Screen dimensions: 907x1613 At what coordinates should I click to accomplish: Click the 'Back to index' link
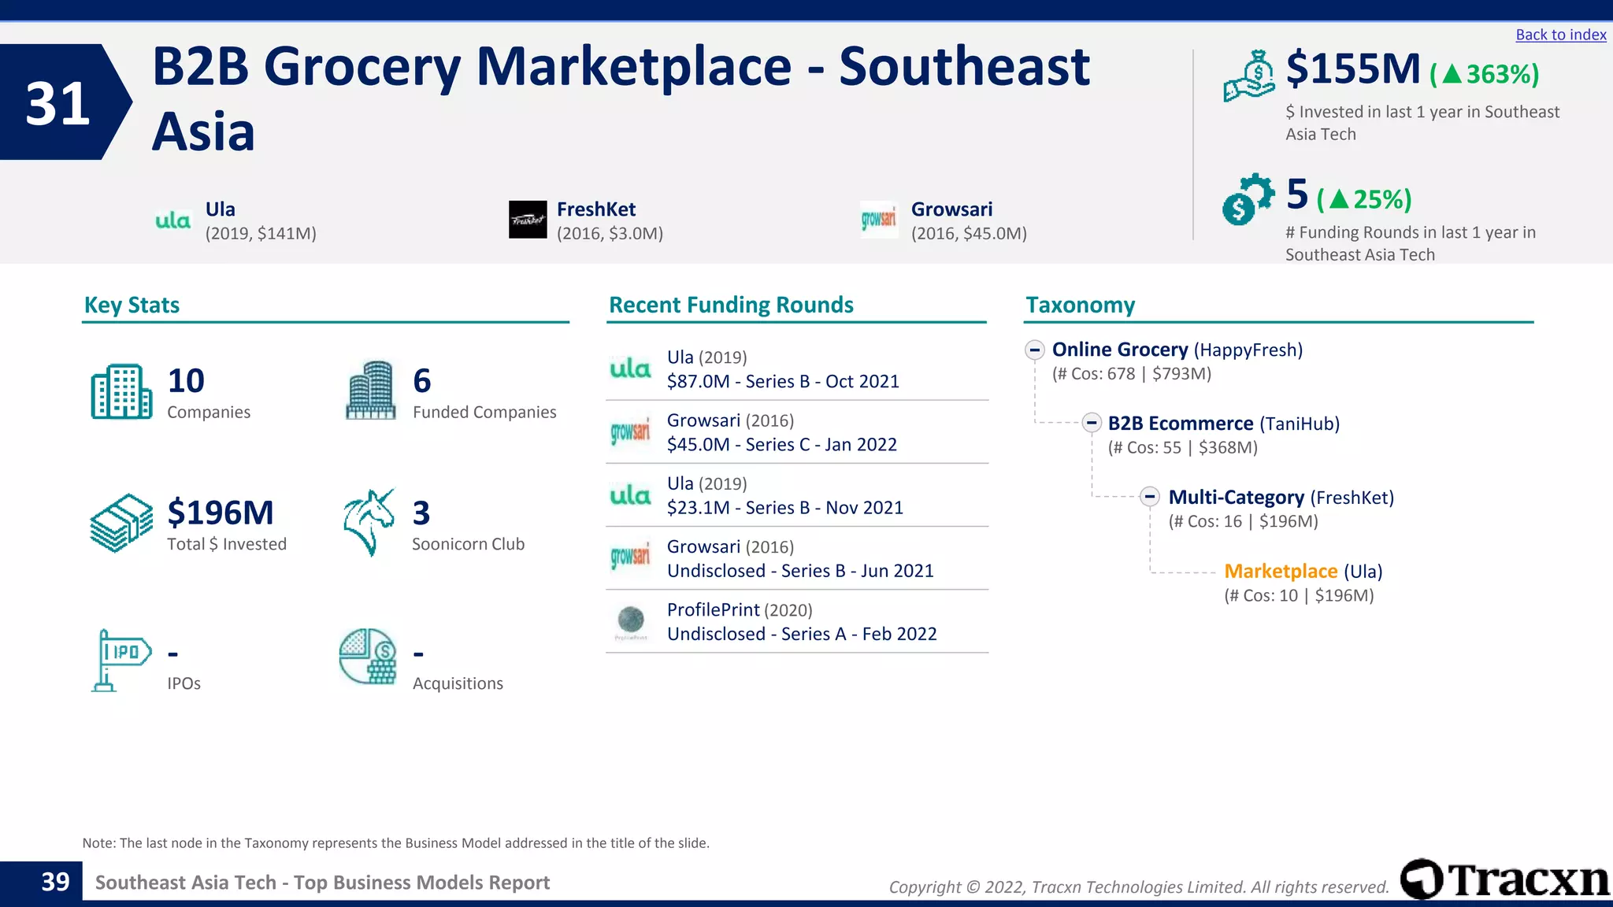coord(1560,35)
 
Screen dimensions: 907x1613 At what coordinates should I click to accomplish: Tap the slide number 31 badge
coord(58,103)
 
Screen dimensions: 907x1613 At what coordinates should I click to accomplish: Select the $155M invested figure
coord(1352,69)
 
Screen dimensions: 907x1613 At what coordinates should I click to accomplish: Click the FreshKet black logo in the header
coord(528,220)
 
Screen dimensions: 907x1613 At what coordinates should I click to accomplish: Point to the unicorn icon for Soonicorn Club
coord(369,522)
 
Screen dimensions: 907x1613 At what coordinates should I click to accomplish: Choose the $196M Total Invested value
coord(221,513)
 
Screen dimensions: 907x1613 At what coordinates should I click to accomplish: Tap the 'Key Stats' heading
coord(132,305)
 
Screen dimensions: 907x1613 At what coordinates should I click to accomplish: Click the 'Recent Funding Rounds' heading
coord(731,305)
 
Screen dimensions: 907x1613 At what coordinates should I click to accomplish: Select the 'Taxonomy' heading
coord(1080,305)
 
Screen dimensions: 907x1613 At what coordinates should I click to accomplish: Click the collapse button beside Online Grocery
coord(1035,350)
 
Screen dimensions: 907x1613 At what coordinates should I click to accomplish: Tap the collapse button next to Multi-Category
coord(1150,497)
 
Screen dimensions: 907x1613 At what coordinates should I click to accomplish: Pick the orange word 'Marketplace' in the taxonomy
coord(1281,571)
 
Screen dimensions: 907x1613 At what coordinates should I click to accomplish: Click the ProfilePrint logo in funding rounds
coord(631,621)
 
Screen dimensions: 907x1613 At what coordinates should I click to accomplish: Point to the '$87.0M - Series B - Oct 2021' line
coord(783,382)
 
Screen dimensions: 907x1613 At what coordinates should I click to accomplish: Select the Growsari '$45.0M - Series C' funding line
coord(781,445)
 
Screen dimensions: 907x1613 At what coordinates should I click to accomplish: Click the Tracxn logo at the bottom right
coord(1504,879)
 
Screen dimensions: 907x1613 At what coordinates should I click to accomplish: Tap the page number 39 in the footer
coord(55,882)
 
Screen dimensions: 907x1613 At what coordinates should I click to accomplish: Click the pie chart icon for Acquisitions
coord(368,657)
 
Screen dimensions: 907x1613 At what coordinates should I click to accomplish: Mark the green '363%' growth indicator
coord(1485,74)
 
